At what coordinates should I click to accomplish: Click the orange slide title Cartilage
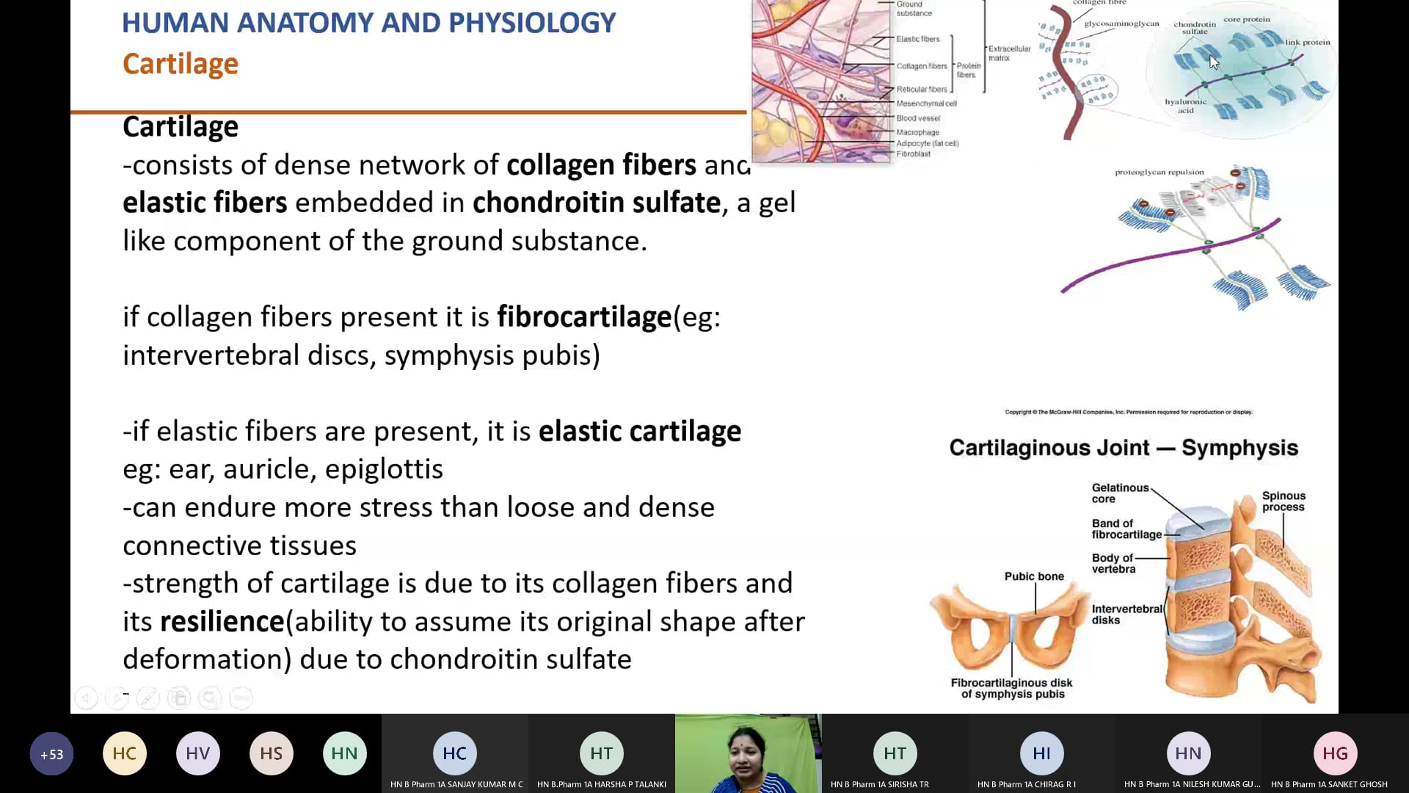pyautogui.click(x=181, y=64)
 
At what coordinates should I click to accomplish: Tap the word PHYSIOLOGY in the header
pyautogui.click(x=532, y=23)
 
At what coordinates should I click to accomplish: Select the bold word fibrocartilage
pyautogui.click(x=584, y=317)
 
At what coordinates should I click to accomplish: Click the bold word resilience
pyautogui.click(x=222, y=622)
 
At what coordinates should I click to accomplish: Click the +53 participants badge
pyautogui.click(x=51, y=754)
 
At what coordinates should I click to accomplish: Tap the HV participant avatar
pyautogui.click(x=198, y=753)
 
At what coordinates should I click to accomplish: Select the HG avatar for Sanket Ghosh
pyautogui.click(x=1335, y=753)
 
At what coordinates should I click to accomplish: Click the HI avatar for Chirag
pyautogui.click(x=1041, y=753)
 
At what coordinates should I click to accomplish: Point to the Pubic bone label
pyautogui.click(x=1034, y=576)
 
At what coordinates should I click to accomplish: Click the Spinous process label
pyautogui.click(x=1284, y=501)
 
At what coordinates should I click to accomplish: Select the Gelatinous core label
pyautogui.click(x=1120, y=493)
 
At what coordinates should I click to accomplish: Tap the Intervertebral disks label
pyautogui.click(x=1126, y=615)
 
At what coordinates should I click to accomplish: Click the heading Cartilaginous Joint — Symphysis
pyautogui.click(x=1124, y=448)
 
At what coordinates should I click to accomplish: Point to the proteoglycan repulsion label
pyautogui.click(x=1159, y=173)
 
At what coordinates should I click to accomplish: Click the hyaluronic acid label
pyautogui.click(x=1186, y=106)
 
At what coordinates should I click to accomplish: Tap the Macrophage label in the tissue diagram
pyautogui.click(x=917, y=132)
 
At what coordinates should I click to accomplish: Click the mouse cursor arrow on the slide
pyautogui.click(x=1214, y=62)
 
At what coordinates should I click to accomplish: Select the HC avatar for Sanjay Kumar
pyautogui.click(x=455, y=753)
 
